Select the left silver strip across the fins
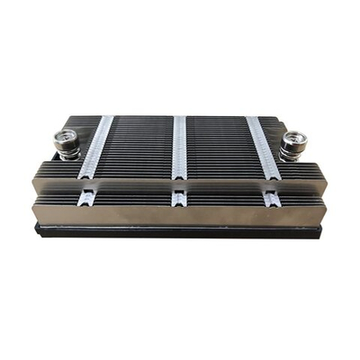click(97, 148)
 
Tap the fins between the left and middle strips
click(139, 148)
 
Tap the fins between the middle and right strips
click(220, 148)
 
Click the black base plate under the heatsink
click(180, 231)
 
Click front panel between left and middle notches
click(135, 209)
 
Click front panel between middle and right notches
click(225, 209)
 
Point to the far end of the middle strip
click(180, 119)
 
